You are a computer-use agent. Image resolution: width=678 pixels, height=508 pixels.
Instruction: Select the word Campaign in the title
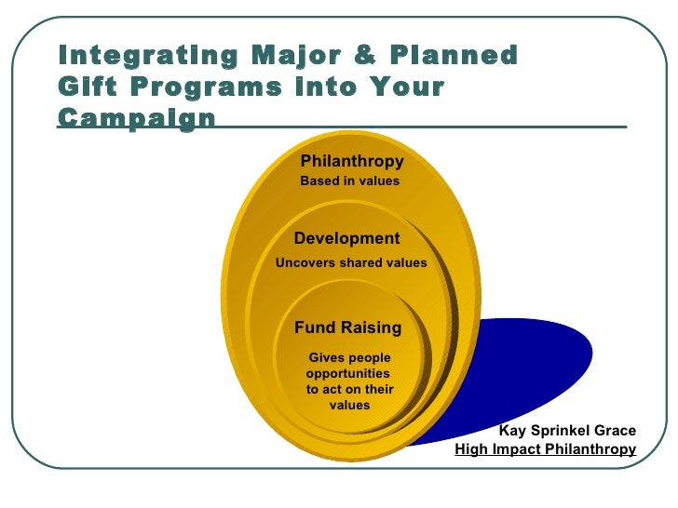136,119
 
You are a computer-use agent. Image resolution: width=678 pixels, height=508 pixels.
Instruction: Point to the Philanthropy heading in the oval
351,162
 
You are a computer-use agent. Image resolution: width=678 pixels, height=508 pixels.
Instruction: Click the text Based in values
349,181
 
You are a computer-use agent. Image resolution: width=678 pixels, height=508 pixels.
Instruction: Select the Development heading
346,238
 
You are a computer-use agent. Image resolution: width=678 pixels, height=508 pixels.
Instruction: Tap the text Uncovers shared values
351,263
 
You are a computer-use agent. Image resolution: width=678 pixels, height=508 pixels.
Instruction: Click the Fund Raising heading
347,328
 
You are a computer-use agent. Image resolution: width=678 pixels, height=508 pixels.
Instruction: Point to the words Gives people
349,358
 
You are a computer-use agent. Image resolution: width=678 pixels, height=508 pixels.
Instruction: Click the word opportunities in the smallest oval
341,374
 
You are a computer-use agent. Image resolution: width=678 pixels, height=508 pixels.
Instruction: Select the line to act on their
349,390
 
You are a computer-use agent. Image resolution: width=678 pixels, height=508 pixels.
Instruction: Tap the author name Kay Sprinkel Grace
567,431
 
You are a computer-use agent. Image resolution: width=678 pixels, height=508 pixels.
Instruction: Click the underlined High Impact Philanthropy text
545,449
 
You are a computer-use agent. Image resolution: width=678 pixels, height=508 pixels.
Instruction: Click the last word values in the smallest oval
349,406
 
